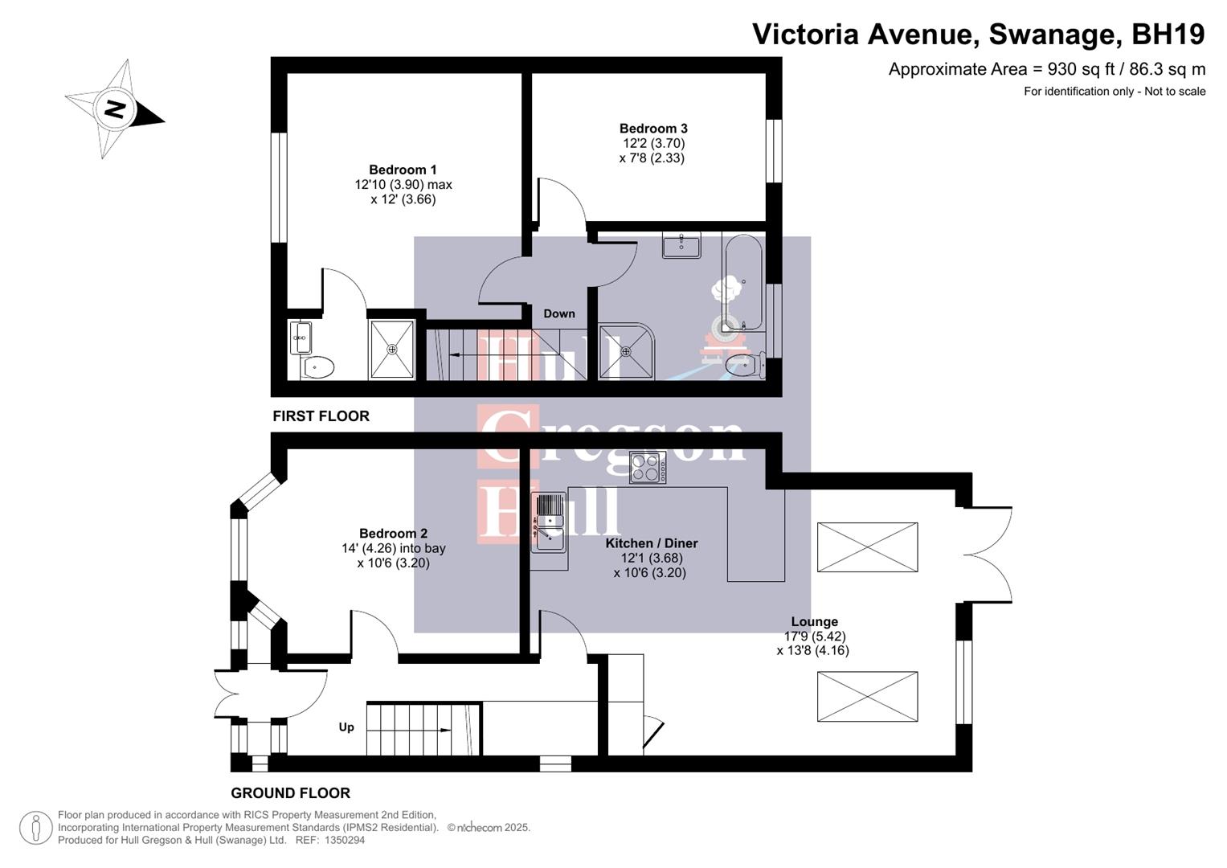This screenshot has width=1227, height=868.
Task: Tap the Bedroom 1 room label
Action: click(x=403, y=170)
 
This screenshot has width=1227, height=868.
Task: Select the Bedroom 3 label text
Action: click(x=652, y=129)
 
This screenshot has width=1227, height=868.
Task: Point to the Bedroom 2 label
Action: click(x=393, y=534)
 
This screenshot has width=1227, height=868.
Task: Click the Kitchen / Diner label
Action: click(x=651, y=543)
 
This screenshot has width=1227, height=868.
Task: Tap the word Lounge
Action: click(x=814, y=622)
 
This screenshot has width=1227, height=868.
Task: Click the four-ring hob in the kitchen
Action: click(x=647, y=467)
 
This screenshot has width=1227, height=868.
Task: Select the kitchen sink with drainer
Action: click(x=550, y=522)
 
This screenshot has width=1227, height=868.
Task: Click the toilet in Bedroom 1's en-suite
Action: click(x=318, y=367)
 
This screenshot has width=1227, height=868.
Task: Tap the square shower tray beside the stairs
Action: click(x=392, y=350)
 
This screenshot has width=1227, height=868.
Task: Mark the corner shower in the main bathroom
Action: click(x=626, y=351)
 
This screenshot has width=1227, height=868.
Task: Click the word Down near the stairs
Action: click(x=558, y=313)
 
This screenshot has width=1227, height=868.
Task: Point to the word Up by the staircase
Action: click(x=346, y=727)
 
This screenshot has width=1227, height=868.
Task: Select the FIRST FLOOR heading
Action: click(x=321, y=416)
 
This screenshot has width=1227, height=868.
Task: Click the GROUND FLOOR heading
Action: click(x=290, y=793)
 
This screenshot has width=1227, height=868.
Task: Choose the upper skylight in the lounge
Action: click(x=867, y=547)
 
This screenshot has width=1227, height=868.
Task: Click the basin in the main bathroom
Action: click(x=681, y=244)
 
